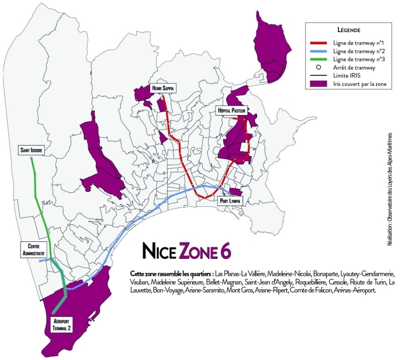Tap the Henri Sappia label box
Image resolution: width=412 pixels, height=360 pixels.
(x=162, y=88)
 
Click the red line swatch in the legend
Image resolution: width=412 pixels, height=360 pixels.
(x=321, y=42)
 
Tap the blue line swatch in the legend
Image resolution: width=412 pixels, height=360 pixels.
(x=321, y=52)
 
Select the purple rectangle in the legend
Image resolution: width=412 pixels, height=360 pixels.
(x=321, y=85)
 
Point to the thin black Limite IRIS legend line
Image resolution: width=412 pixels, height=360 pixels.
(x=321, y=77)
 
